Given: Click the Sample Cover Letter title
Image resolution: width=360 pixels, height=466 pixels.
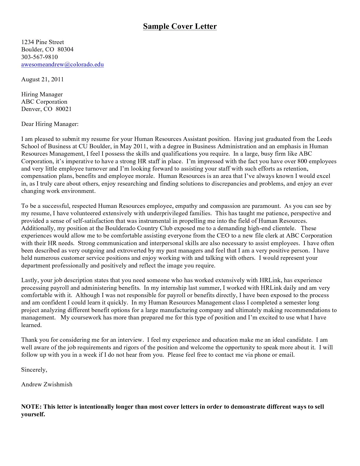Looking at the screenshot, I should [x=180, y=27].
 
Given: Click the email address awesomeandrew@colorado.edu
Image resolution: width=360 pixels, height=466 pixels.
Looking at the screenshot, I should [x=62, y=64].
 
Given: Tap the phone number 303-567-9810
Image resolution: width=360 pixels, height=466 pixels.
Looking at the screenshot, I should [x=39, y=57].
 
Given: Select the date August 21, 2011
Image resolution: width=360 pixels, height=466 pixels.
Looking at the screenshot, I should [x=42, y=79].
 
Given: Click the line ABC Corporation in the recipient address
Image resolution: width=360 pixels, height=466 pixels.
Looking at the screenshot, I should [x=44, y=102].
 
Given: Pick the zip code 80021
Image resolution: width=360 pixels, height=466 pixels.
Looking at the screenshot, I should [x=64, y=109].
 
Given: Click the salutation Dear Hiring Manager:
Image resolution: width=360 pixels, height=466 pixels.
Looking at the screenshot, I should [x=50, y=124].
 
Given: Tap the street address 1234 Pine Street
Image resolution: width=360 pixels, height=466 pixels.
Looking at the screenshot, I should [x=42, y=42].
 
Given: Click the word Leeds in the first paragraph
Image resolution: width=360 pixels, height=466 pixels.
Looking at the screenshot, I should [x=324, y=139].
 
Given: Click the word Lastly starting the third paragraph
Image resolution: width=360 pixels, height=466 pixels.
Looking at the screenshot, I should [x=30, y=280].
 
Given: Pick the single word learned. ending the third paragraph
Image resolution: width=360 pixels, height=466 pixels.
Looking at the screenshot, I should [x=31, y=325].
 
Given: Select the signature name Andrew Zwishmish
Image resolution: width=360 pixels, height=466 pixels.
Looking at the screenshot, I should [x=47, y=384].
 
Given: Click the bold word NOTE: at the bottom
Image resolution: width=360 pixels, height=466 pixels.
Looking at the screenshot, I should [x=31, y=407].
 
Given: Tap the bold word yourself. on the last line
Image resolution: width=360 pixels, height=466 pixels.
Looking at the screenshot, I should [x=33, y=415].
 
